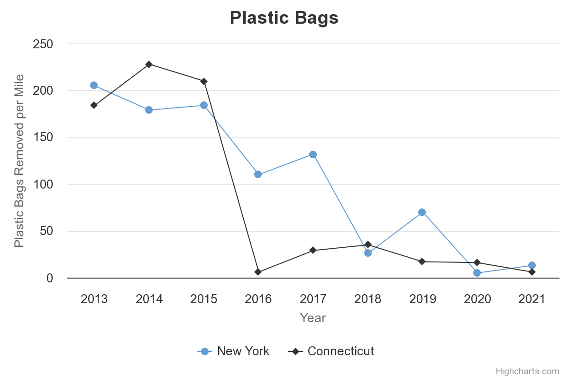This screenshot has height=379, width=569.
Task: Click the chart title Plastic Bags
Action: [x=284, y=18]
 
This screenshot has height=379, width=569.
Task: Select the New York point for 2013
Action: [x=94, y=85]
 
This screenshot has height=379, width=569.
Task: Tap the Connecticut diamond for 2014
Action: [x=149, y=64]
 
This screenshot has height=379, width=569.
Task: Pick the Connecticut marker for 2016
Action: [x=258, y=272]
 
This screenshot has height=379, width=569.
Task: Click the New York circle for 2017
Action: [x=313, y=154]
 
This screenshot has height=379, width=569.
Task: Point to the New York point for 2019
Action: [x=422, y=212]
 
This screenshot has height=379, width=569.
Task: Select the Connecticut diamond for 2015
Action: [x=204, y=81]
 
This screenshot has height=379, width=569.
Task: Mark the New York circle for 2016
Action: [x=258, y=174]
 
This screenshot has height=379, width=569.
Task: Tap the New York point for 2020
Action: [x=477, y=273]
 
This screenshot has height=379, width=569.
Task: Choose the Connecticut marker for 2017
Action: [x=313, y=250]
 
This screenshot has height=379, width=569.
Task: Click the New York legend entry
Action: [x=234, y=351]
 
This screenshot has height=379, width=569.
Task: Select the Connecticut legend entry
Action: [x=331, y=351]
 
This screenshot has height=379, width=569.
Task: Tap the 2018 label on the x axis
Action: [x=368, y=299]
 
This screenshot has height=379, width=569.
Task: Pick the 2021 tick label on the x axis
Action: [x=532, y=299]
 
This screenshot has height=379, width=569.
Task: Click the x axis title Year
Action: [x=313, y=318]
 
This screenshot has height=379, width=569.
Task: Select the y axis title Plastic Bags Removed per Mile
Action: [x=19, y=161]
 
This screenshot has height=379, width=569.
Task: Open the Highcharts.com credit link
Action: [x=527, y=371]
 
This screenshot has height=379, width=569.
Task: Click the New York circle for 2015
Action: [x=204, y=105]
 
